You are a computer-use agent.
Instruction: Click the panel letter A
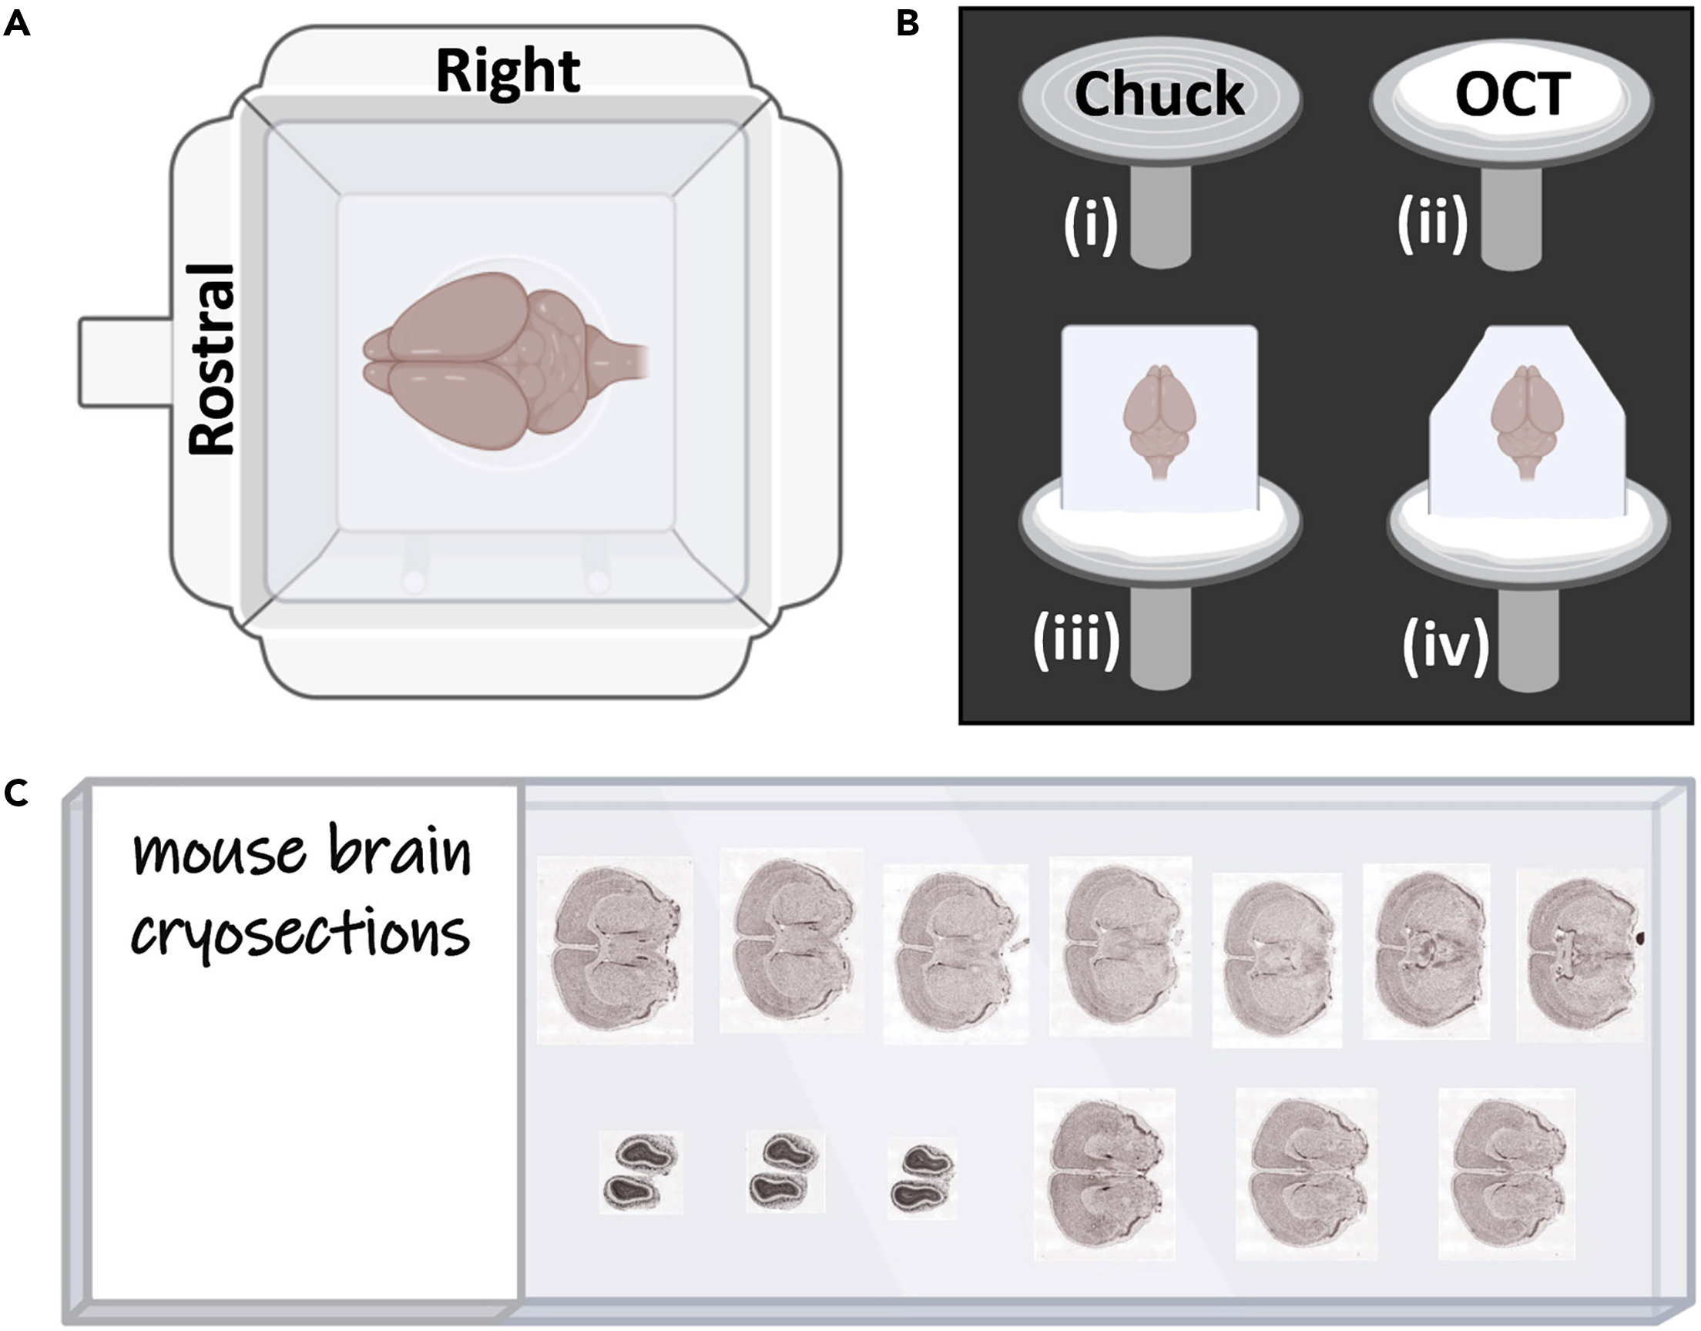[x=17, y=25]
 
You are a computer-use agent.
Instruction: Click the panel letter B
[x=908, y=25]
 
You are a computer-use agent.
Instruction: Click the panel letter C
[x=17, y=793]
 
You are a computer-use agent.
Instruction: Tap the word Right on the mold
[x=507, y=72]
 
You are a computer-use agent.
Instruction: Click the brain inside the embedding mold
[x=498, y=360]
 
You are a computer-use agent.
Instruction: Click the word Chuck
[x=1159, y=95]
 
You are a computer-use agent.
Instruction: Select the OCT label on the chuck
[x=1511, y=95]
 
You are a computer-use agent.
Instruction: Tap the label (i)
[x=1091, y=226]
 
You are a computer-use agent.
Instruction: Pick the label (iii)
[x=1077, y=641]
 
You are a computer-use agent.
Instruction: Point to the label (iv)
[x=1445, y=645]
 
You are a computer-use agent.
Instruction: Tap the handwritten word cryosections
[x=300, y=935]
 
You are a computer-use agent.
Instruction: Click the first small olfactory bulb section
[x=640, y=1172]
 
